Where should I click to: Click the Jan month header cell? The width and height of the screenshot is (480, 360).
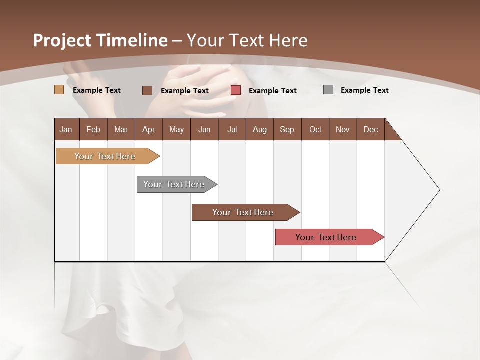[x=66, y=129]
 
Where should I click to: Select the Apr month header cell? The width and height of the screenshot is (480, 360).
[x=148, y=129]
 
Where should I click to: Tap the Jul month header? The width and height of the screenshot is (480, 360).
[x=232, y=129]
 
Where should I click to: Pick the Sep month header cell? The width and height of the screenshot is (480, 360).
[x=287, y=129]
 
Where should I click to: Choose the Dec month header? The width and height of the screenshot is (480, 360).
[x=370, y=129]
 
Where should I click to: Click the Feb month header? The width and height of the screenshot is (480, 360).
[x=93, y=129]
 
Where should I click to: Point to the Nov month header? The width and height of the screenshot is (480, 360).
[x=343, y=129]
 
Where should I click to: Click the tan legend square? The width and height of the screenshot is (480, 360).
[x=59, y=90]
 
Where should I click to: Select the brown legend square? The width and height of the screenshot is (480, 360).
[x=147, y=90]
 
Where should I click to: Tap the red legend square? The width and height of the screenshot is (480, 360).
[x=236, y=90]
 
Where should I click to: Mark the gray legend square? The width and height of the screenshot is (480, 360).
[x=328, y=90]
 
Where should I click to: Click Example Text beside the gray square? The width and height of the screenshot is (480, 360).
[x=364, y=90]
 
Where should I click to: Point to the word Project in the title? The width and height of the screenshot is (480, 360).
[x=62, y=40]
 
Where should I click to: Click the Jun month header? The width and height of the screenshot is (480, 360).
[x=204, y=129]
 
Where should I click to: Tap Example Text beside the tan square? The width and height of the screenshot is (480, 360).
[x=97, y=90]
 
